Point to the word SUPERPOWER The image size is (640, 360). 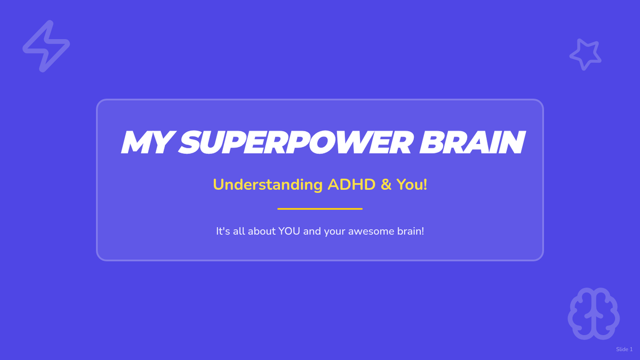[x=296, y=142]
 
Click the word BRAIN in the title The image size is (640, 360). [x=473, y=142]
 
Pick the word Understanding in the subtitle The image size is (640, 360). [x=268, y=185]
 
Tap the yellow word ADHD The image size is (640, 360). [x=351, y=185]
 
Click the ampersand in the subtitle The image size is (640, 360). [x=386, y=185]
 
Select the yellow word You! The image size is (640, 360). [x=412, y=185]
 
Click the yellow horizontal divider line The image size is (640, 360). [x=320, y=209]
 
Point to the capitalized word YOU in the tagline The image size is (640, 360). [x=289, y=231]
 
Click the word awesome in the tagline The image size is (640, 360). [x=371, y=231]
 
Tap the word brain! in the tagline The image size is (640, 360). [x=411, y=231]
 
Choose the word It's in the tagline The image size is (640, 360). [x=223, y=231]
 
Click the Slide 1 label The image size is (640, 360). [x=624, y=349]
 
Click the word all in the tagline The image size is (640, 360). [x=239, y=231]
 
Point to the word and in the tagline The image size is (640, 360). [x=312, y=231]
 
